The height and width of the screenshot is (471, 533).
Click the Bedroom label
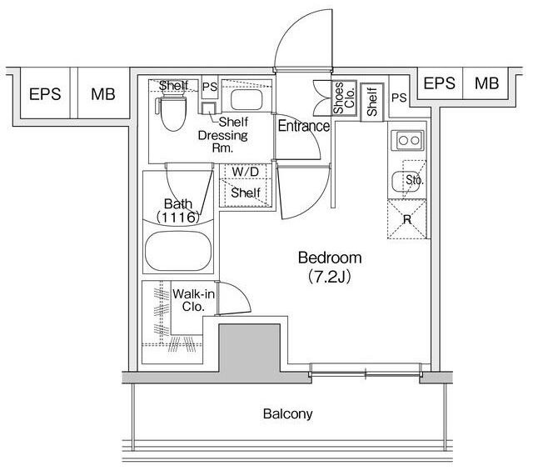tap(330, 258)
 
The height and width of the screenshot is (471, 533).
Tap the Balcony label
tap(287, 413)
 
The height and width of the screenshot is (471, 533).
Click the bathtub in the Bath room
tap(178, 252)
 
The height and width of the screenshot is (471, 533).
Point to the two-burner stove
tap(407, 140)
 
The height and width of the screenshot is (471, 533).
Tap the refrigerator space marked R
tap(407, 219)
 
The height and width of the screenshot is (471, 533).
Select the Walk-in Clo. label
tap(193, 300)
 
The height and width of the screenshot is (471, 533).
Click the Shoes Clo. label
tap(344, 98)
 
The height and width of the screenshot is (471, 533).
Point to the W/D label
tap(245, 172)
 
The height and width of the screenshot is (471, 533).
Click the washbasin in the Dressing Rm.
tap(247, 99)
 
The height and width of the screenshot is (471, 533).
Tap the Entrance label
tap(303, 126)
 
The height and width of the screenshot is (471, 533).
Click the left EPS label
tap(45, 94)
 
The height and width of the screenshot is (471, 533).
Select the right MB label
tap(486, 83)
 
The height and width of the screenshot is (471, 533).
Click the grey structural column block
tap(249, 353)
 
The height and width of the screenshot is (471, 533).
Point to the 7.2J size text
tap(330, 277)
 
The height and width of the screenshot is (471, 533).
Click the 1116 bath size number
tap(178, 217)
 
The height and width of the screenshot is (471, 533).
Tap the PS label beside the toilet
tap(209, 87)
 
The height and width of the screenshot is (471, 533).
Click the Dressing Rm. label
tap(222, 142)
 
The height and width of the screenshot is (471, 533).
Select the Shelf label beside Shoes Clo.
tap(372, 102)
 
